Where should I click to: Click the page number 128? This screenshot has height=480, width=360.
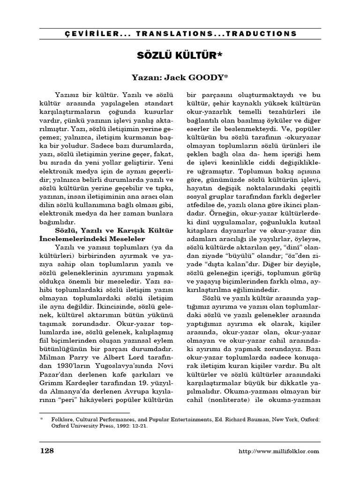tap(46, 450)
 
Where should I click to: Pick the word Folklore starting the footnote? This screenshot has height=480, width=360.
tap(62, 420)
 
